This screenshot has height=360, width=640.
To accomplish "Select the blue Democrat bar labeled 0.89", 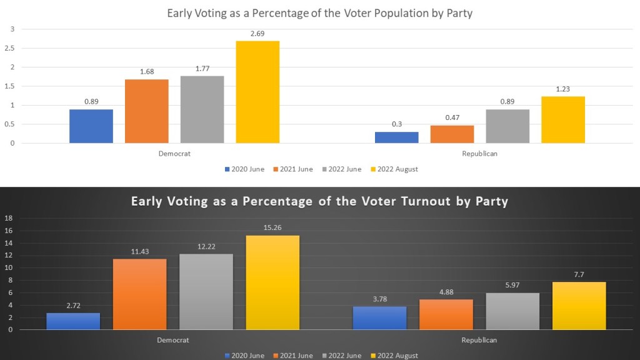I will [91, 126].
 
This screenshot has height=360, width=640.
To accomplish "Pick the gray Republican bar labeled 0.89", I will [507, 126].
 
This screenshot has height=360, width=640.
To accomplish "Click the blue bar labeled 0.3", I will [397, 137].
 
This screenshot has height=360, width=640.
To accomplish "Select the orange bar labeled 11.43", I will [139, 294].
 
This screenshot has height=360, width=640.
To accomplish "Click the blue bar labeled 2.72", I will [73, 321].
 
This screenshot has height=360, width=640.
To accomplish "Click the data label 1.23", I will [563, 89].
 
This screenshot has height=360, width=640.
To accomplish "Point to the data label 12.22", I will [206, 247].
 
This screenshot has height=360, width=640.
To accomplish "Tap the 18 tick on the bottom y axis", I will [8, 218].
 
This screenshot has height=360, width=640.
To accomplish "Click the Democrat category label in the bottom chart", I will [172, 340].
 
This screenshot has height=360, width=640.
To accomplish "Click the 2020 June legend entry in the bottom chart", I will [244, 356].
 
